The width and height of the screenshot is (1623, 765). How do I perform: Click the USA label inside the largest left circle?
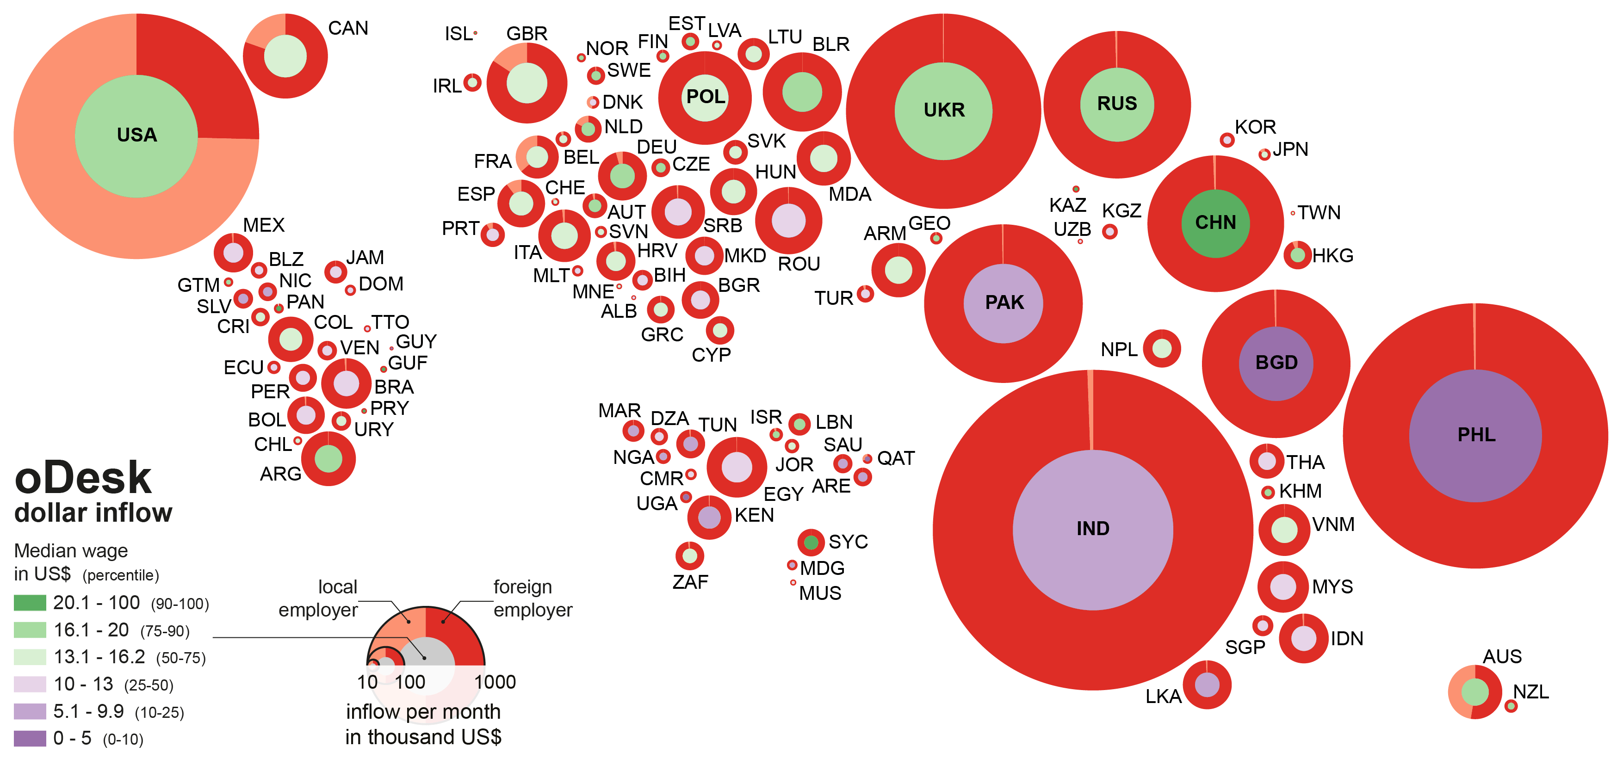[137, 135]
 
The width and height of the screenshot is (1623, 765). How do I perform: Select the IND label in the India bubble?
[1092, 528]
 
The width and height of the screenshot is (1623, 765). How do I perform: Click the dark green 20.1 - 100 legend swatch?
[30, 603]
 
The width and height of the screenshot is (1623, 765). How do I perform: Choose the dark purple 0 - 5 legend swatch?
[30, 738]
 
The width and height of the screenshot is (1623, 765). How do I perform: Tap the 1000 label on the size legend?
[495, 682]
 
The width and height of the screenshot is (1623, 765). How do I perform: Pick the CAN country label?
[348, 28]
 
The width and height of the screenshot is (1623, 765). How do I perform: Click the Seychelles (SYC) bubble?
[811, 542]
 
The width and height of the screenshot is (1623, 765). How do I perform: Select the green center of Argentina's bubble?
[328, 458]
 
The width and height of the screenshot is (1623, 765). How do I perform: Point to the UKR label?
[944, 110]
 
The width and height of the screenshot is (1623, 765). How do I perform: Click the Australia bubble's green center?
[1474, 692]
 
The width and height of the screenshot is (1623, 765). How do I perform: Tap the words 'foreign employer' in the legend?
[533, 598]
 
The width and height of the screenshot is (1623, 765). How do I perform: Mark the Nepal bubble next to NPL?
[1161, 348]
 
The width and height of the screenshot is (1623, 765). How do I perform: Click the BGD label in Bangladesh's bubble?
[1276, 363]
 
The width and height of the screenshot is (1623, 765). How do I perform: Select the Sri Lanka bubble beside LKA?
[1207, 685]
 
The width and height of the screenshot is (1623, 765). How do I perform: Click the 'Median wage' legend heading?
[71, 551]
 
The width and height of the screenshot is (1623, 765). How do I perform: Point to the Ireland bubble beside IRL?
[472, 82]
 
